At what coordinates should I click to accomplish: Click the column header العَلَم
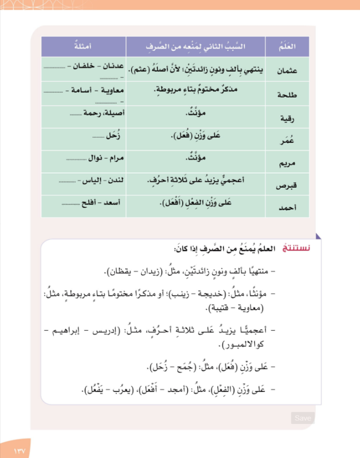tap(287, 47)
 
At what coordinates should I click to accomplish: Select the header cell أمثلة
tap(83, 47)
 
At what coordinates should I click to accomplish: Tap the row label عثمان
tap(287, 70)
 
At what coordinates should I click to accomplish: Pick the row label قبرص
tap(288, 186)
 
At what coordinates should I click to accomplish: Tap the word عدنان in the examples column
tap(114, 66)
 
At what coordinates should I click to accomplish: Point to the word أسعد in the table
tap(115, 203)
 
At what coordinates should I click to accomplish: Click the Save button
tap(303, 418)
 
